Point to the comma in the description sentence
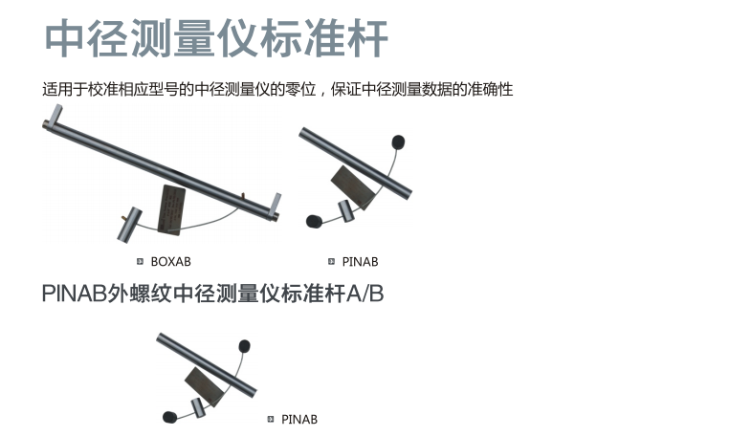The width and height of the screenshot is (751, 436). click(x=321, y=92)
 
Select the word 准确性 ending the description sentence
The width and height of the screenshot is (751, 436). click(x=490, y=90)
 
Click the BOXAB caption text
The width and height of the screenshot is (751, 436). click(x=170, y=262)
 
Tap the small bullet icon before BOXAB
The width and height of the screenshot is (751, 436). click(x=140, y=261)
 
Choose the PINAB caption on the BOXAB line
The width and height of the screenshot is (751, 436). click(x=360, y=262)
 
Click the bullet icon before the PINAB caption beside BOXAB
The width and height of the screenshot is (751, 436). click(x=331, y=261)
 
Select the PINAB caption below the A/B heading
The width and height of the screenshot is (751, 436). click(x=299, y=419)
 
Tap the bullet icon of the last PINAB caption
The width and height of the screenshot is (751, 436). click(x=271, y=419)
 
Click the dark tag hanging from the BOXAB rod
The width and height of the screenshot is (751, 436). click(x=171, y=209)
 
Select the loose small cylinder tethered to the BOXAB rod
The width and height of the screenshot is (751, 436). click(x=129, y=224)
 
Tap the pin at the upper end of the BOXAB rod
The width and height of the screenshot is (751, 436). click(x=55, y=115)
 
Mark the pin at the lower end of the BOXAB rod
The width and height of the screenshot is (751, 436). click(x=276, y=205)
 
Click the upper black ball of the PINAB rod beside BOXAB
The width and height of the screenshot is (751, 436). click(x=398, y=142)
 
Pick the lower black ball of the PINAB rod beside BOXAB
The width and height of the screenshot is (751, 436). click(x=314, y=221)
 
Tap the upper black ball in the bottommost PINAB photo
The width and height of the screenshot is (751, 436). click(x=244, y=345)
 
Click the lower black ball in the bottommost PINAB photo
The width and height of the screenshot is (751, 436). click(x=169, y=417)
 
